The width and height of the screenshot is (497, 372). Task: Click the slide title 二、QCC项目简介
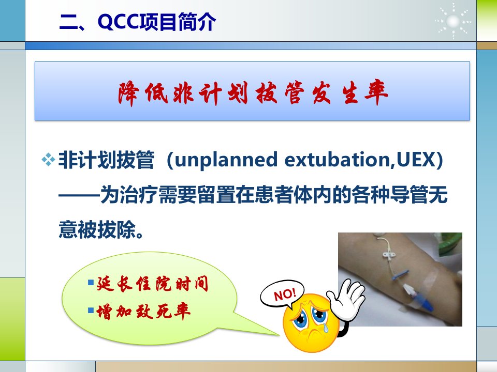click(x=138, y=22)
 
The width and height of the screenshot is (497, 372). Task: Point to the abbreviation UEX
click(x=415, y=159)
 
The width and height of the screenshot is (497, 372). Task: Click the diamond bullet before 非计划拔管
click(x=48, y=160)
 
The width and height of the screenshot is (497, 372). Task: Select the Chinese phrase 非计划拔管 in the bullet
click(x=106, y=160)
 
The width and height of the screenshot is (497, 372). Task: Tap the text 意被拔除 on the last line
click(x=97, y=229)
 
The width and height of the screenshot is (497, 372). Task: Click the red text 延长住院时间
click(x=152, y=284)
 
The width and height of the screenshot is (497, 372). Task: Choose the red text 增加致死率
click(x=143, y=311)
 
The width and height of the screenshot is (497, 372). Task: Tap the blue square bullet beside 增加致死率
click(x=91, y=311)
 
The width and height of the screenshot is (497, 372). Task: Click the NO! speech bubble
click(x=282, y=294)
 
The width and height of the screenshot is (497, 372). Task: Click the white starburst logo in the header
click(x=453, y=21)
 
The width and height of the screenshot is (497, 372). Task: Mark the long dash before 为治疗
click(x=79, y=195)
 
